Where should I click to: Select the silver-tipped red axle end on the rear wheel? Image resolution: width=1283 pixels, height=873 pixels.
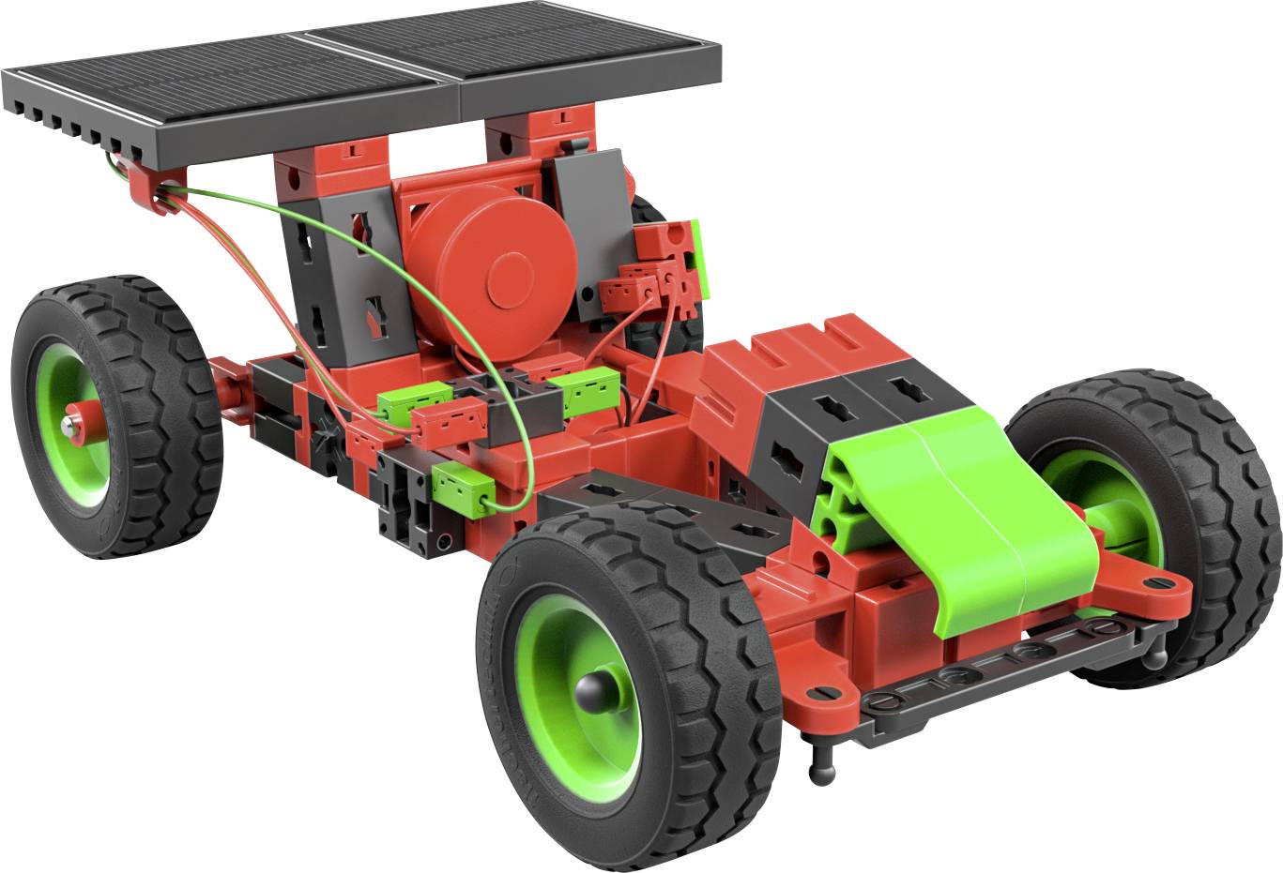[x=71, y=425]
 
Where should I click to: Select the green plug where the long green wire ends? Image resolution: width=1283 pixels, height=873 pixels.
[x=464, y=487]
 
